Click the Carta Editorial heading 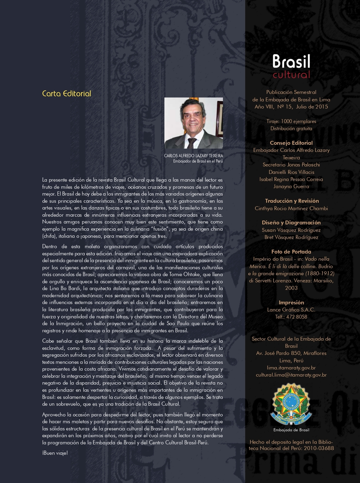(x=66, y=94)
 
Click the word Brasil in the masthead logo (x=291, y=61)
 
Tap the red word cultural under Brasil (x=291, y=75)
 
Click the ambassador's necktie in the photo (x=191, y=143)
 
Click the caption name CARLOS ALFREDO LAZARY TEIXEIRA (x=193, y=156)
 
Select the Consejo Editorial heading (x=291, y=143)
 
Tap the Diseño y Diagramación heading (x=291, y=223)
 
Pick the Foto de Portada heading (x=291, y=252)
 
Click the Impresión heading (x=291, y=302)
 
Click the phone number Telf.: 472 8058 (x=291, y=317)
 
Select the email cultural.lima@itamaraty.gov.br (x=291, y=375)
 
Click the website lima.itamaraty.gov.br (x=291, y=367)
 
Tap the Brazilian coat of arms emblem (x=291, y=404)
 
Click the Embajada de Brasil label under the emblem (x=291, y=430)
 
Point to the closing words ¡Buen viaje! (x=55, y=453)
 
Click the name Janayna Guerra (x=291, y=187)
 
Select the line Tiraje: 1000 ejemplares (x=291, y=121)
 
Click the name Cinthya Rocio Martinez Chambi (x=291, y=208)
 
